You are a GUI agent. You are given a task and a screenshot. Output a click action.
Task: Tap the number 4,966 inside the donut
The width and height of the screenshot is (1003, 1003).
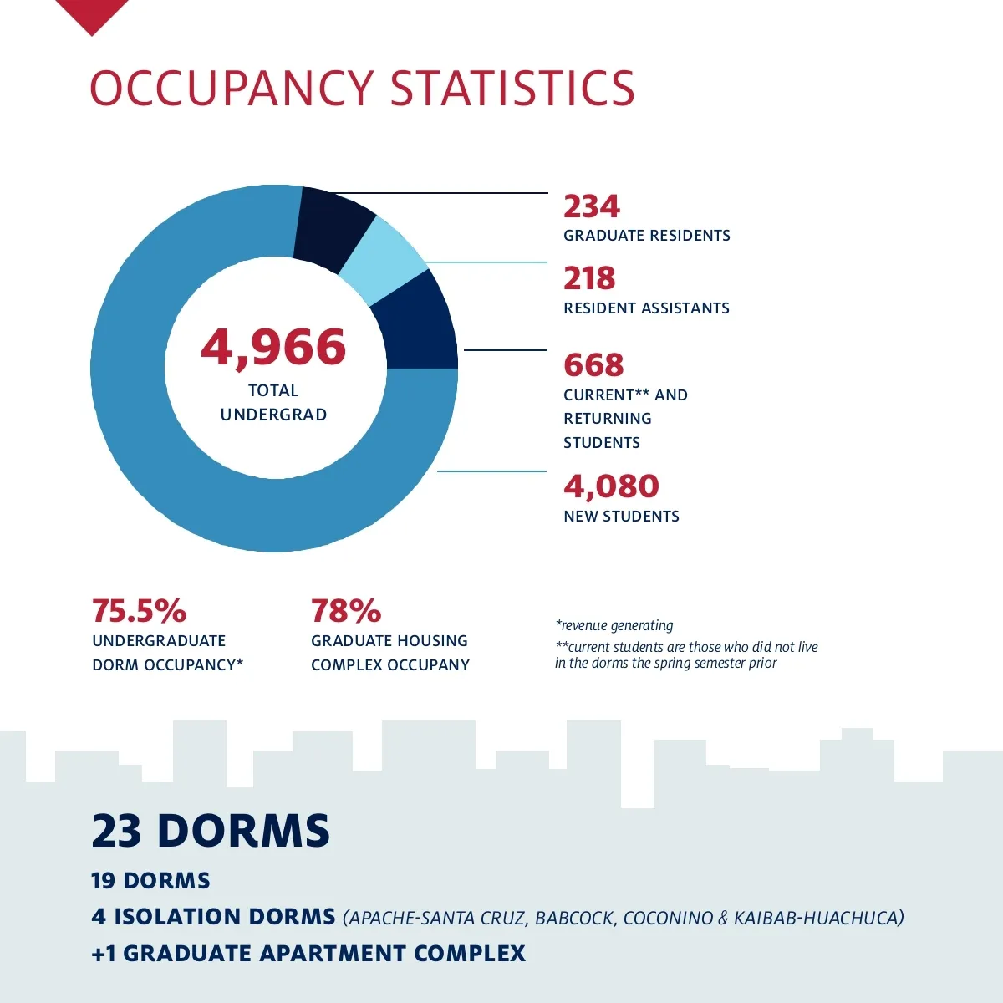click(273, 348)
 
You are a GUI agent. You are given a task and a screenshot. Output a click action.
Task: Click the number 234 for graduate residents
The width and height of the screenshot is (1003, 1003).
click(592, 206)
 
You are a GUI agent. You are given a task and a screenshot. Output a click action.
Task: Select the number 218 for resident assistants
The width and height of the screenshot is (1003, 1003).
click(589, 278)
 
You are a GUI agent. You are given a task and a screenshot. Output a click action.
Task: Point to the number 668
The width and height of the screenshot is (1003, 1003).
click(593, 365)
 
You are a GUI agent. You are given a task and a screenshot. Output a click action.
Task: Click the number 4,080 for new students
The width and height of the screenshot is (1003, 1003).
click(611, 486)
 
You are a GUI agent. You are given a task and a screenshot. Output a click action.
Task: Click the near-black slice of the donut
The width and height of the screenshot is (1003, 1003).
click(333, 227)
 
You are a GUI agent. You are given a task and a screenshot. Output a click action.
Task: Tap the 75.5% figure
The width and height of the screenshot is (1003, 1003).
click(139, 611)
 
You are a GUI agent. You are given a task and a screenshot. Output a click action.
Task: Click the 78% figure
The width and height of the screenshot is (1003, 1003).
click(345, 611)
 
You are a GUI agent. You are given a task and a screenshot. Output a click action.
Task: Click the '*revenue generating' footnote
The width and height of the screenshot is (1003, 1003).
click(614, 625)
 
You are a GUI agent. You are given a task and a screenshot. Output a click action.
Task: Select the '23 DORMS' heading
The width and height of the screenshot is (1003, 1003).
click(211, 831)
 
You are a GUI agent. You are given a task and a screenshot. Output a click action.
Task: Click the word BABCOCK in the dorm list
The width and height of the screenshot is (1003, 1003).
click(574, 918)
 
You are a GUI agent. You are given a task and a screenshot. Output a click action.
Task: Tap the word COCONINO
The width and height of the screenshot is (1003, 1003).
click(668, 918)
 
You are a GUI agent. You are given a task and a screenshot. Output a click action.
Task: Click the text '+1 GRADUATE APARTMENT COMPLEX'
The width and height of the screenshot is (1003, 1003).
click(308, 954)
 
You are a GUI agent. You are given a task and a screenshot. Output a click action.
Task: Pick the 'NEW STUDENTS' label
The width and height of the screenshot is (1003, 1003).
click(621, 517)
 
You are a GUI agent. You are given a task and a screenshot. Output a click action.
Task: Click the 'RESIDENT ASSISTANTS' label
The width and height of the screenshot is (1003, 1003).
click(646, 308)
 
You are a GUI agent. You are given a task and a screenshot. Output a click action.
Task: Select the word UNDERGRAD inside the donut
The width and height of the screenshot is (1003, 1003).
click(273, 415)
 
